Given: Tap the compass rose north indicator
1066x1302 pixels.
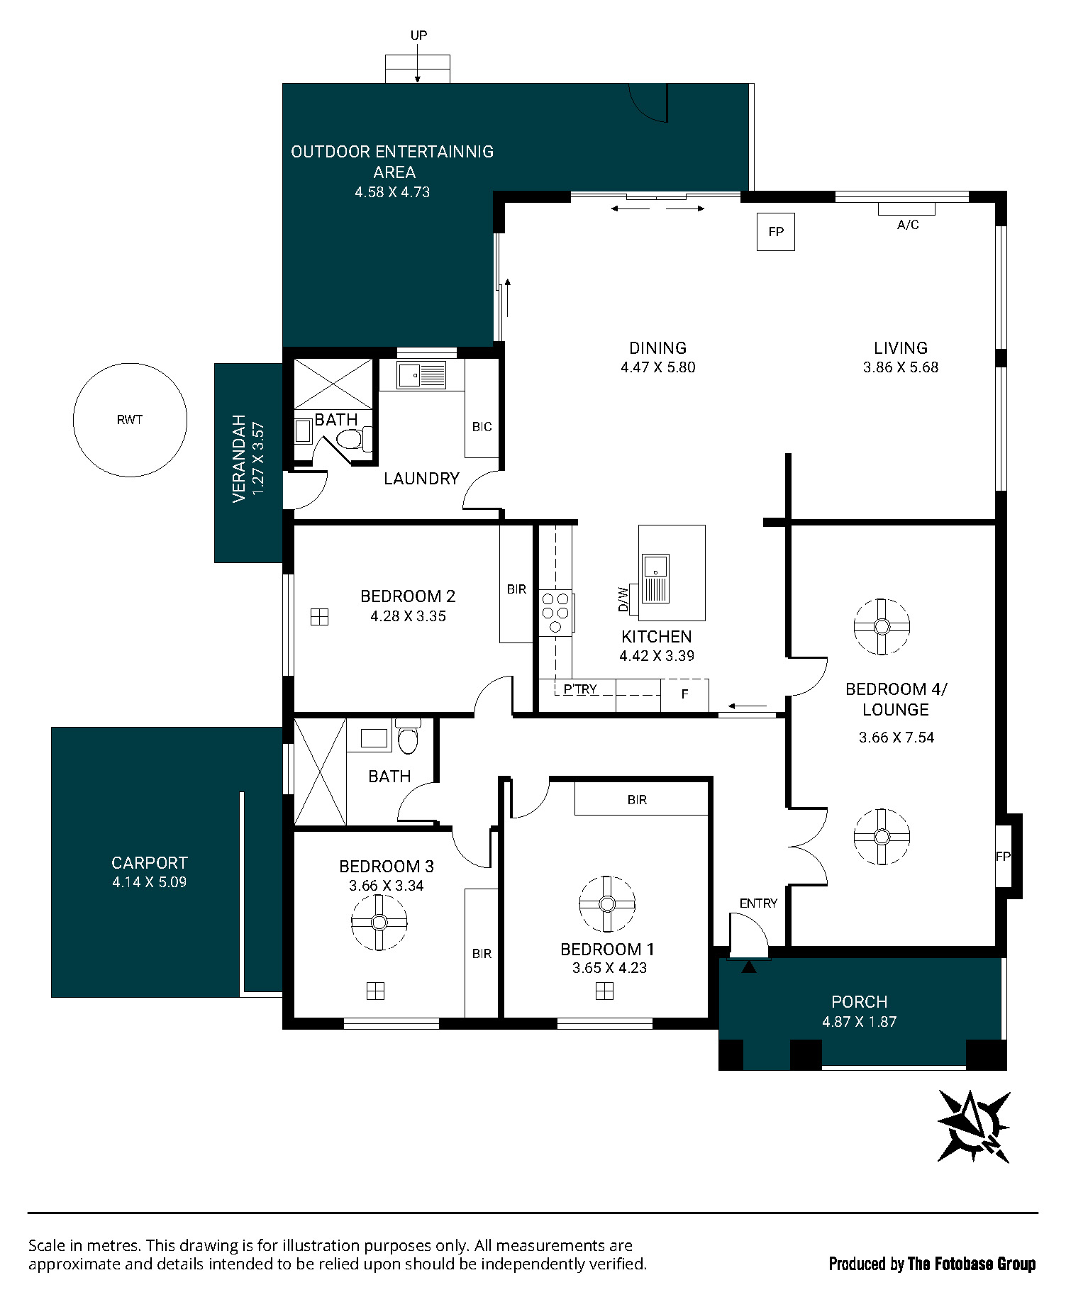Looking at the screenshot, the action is coord(975,1125).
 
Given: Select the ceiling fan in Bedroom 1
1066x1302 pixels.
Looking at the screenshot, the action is coord(607,903).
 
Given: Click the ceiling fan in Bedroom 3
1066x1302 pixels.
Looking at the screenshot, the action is coord(379,922).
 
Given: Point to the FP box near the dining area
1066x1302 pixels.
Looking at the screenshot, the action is coord(776,232).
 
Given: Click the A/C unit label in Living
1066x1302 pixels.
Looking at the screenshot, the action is coord(908,225).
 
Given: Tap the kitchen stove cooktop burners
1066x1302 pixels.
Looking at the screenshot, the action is coord(555,613).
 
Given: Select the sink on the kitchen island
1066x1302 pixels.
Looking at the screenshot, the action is coord(656,578).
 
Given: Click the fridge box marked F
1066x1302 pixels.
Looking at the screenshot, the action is coord(684,695).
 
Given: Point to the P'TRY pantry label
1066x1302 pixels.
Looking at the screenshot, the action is coord(580,689).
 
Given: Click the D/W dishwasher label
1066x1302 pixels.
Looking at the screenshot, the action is coord(623,599).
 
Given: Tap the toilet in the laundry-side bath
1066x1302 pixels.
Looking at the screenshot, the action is coord(354,439).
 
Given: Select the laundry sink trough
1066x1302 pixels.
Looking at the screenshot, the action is coord(421,375).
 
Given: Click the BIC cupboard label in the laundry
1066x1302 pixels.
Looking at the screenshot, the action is coord(482,427).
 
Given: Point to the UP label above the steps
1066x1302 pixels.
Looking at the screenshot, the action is coord(418,35).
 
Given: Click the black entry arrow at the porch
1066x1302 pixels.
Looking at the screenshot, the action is coord(749,966).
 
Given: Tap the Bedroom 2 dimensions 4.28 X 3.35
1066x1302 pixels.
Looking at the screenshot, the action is coord(408,616).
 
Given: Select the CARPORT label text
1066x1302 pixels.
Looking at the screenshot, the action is coord(150,863).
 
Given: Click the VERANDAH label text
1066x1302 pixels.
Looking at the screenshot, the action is coord(239,459).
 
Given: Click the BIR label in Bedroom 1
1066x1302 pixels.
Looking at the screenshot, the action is coord(637,800).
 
